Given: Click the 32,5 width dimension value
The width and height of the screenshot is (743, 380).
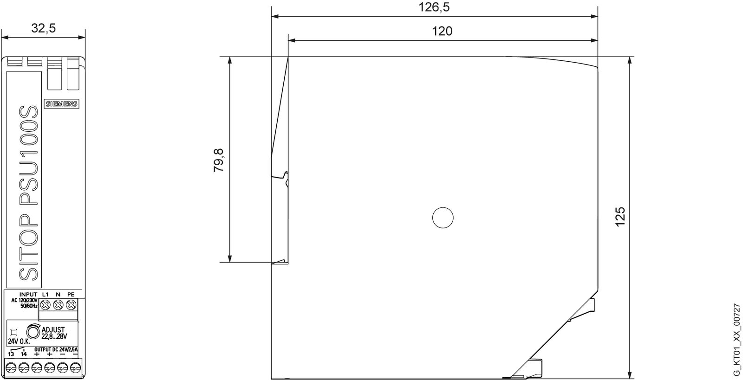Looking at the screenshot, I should [44, 28].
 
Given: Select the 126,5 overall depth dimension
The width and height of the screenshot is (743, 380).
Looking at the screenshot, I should [434, 7].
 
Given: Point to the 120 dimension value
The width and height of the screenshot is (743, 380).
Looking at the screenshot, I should [442, 31].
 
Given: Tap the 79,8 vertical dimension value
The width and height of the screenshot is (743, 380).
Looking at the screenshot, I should [219, 160].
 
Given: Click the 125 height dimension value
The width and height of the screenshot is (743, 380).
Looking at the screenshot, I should [620, 217].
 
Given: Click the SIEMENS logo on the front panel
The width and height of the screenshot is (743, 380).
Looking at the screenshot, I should [61, 104].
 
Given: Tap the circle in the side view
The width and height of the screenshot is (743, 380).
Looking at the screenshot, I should [443, 218].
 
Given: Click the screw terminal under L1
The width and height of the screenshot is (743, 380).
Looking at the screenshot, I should [46, 305].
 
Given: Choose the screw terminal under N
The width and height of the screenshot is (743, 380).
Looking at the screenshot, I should [58, 305].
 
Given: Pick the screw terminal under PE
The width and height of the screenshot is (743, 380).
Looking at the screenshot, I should [71, 305].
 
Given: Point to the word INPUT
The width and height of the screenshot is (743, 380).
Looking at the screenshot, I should [28, 294].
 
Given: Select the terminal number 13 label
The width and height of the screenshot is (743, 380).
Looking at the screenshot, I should [11, 354].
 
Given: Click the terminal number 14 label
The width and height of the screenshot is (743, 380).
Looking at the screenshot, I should [24, 354].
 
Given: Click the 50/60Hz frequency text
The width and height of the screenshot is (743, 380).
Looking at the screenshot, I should [29, 307].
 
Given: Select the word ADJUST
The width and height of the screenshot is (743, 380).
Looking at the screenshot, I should [53, 330].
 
